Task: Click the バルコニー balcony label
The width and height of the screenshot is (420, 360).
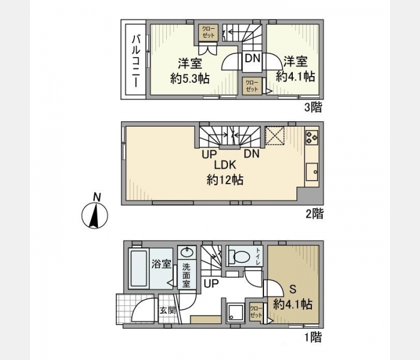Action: pyautogui.click(x=136, y=62)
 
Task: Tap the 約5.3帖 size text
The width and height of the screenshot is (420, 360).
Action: pyautogui.click(x=190, y=79)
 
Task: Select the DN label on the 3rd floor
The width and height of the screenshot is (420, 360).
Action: pyautogui.click(x=253, y=58)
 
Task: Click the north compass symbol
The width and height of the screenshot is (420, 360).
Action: pyautogui.click(x=95, y=212)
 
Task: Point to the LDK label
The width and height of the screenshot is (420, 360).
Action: pyautogui.click(x=225, y=165)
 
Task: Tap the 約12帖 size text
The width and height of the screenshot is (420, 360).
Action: pyautogui.click(x=225, y=180)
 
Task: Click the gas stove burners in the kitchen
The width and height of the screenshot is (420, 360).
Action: pyautogui.click(x=311, y=137)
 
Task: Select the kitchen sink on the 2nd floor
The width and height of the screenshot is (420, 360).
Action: pyautogui.click(x=312, y=172)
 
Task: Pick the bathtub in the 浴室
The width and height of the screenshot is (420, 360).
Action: pyautogui.click(x=139, y=268)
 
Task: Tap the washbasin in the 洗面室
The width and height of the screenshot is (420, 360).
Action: pyautogui.click(x=187, y=253)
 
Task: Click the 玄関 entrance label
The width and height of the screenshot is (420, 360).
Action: pyautogui.click(x=167, y=310)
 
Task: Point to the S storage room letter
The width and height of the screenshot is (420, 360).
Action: pyautogui.click(x=293, y=289)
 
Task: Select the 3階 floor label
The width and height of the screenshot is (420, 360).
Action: pyautogui.click(x=313, y=107)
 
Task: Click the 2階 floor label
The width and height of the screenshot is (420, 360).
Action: pyautogui.click(x=314, y=214)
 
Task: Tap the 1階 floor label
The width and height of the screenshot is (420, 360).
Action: pyautogui.click(x=313, y=337)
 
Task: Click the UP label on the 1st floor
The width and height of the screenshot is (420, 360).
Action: pyautogui.click(x=211, y=283)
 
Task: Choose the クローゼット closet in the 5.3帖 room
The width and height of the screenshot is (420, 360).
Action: pyautogui.click(x=208, y=32)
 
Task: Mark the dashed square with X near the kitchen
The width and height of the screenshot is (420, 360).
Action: pyautogui.click(x=275, y=136)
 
